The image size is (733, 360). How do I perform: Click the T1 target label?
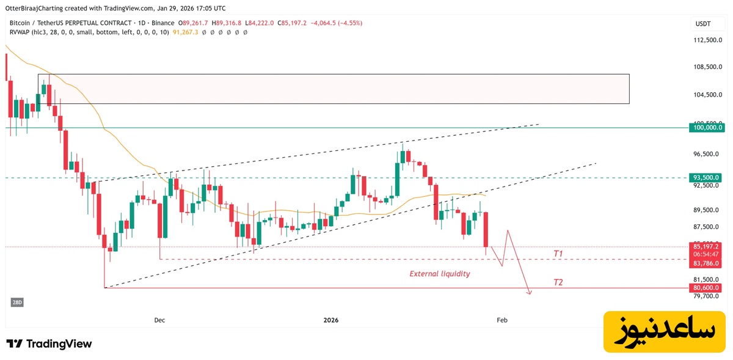pyautogui.click(x=558, y=253)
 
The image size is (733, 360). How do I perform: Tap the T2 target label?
pyautogui.click(x=558, y=282)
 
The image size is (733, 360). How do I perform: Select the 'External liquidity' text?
pyautogui.click(x=439, y=274)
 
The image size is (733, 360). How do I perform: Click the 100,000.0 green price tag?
pyautogui.click(x=707, y=128)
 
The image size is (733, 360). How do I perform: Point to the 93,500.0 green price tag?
pyautogui.click(x=707, y=177)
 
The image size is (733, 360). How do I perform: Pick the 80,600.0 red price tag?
pyautogui.click(x=707, y=288)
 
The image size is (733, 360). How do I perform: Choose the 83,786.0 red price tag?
pyautogui.click(x=707, y=263)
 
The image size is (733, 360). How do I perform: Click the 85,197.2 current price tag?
pyautogui.click(x=707, y=246)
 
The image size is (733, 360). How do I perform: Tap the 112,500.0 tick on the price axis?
pyautogui.click(x=707, y=40)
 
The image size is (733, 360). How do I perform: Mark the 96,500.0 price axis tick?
pyautogui.click(x=707, y=154)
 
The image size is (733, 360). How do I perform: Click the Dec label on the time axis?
pyautogui.click(x=159, y=320)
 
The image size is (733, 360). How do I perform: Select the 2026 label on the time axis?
pyautogui.click(x=330, y=320)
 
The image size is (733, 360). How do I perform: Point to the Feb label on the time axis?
pyautogui.click(x=502, y=320)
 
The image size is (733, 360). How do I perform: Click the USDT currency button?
pyautogui.click(x=704, y=23)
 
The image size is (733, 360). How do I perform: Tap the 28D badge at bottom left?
pyautogui.click(x=16, y=303)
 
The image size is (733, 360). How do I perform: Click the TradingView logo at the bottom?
pyautogui.click(x=49, y=343)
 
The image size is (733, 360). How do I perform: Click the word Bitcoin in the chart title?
pyautogui.click(x=22, y=23)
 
